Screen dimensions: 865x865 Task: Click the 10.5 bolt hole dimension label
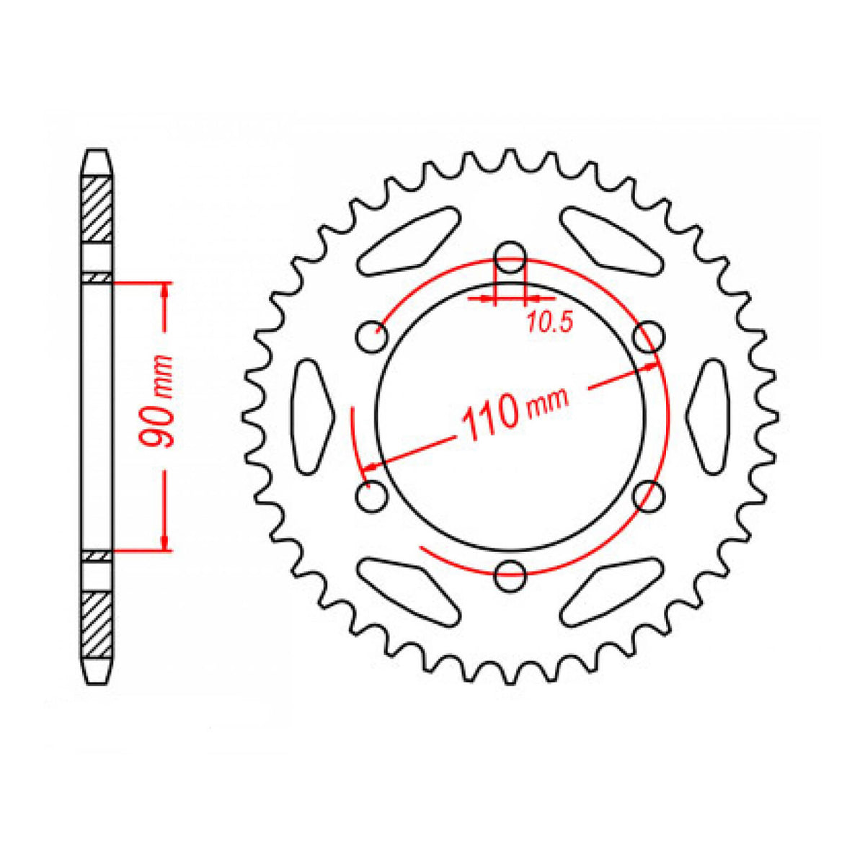coord(550,322)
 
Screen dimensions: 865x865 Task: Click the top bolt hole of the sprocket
coord(509,257)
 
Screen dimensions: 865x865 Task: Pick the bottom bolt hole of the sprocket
coord(509,575)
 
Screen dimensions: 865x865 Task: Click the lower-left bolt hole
coord(372,496)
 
